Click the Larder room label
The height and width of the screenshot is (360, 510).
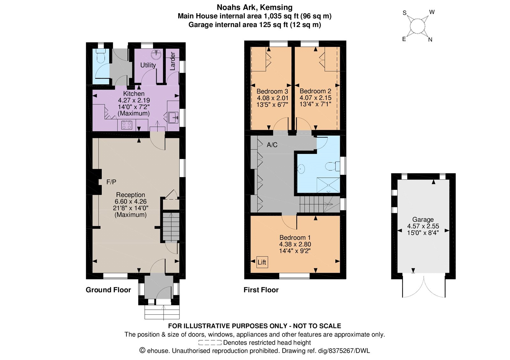pyautogui.click(x=172, y=61)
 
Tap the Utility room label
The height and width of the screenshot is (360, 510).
pyautogui.click(x=148, y=65)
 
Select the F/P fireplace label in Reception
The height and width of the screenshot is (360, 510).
pyautogui.click(x=111, y=182)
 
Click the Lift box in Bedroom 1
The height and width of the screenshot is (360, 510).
pyautogui.click(x=262, y=262)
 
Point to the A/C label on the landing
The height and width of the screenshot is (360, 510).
pyautogui.click(x=272, y=145)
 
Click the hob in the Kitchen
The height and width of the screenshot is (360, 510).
pyautogui.click(x=127, y=125)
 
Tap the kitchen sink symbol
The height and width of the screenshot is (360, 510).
pyautogui.click(x=173, y=118)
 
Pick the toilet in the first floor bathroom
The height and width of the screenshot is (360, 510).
pyautogui.click(x=332, y=166)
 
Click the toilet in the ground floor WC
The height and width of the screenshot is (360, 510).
pyautogui.click(x=100, y=56)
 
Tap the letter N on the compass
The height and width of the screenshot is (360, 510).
pyautogui.click(x=430, y=40)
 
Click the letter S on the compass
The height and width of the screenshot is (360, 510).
pyautogui.click(x=404, y=13)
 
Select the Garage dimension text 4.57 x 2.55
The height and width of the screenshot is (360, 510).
pyautogui.click(x=423, y=226)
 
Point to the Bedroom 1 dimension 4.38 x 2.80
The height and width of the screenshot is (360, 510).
pyautogui.click(x=295, y=244)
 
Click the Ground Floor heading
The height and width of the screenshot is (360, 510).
pyautogui.click(x=108, y=290)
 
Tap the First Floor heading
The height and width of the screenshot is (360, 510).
pyautogui.click(x=261, y=290)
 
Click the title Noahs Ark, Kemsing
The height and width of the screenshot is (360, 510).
pyautogui.click(x=255, y=7)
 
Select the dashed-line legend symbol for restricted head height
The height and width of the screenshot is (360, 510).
pyautogui.click(x=210, y=342)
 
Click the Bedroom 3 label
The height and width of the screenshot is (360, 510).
pyautogui.click(x=272, y=91)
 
